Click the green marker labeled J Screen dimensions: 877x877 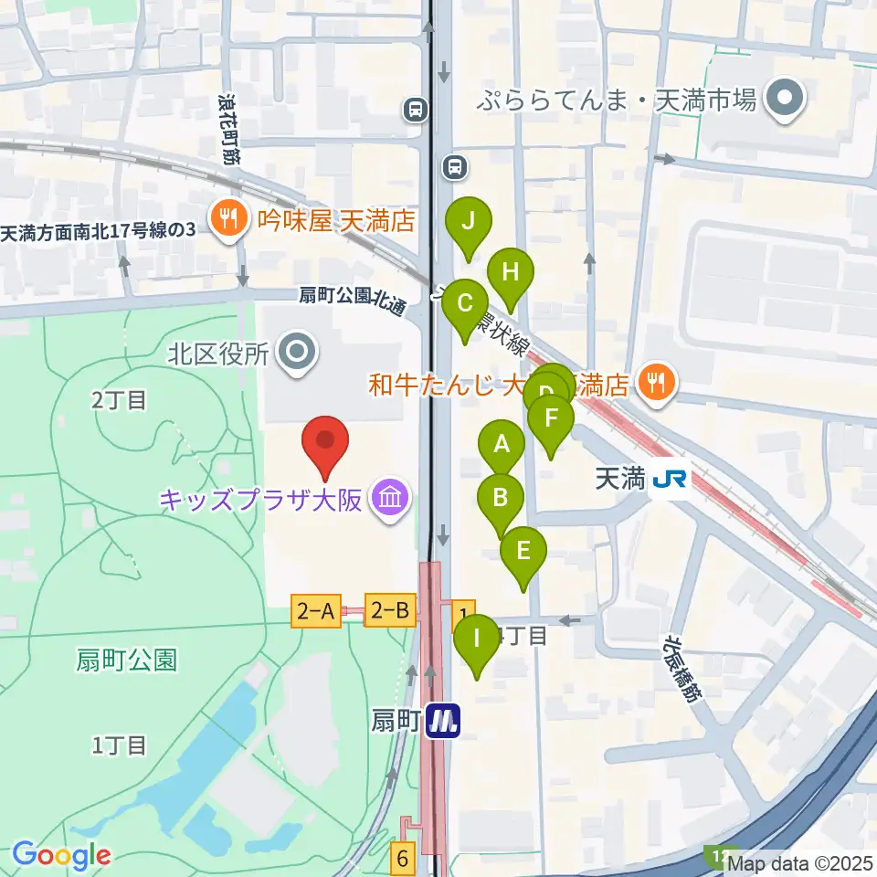(469, 221)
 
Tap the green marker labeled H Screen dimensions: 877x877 (510, 272)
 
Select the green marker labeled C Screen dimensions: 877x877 (464, 302)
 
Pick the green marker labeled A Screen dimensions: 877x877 (502, 445)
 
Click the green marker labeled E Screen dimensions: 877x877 (523, 551)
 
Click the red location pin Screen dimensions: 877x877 (325, 440)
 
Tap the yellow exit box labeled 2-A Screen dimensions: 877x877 (315, 609)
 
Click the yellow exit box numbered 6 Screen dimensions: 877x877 (403, 859)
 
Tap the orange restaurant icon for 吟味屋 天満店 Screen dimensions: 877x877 (225, 219)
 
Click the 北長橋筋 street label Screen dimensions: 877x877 (682, 669)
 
